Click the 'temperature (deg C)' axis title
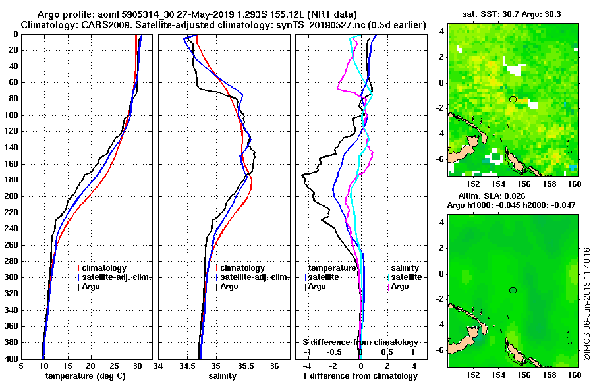[x=86, y=376]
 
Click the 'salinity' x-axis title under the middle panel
[x=224, y=376]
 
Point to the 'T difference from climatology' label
[x=360, y=376]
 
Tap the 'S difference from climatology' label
[x=360, y=342]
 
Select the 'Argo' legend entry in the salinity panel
[x=229, y=286]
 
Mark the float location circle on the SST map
[x=513, y=99]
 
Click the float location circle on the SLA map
[x=513, y=290]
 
